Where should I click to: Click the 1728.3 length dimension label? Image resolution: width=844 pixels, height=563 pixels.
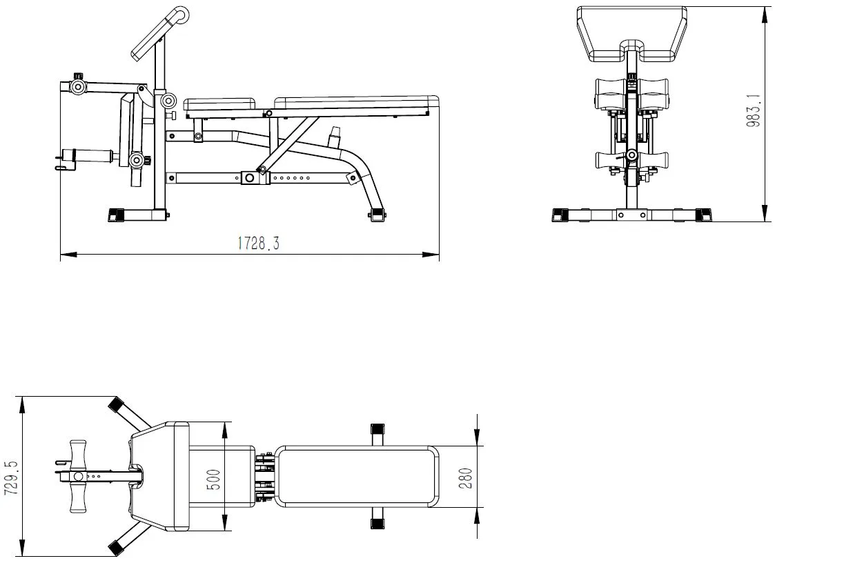pyautogui.click(x=259, y=244)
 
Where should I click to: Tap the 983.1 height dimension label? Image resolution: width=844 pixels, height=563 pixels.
pyautogui.click(x=754, y=110)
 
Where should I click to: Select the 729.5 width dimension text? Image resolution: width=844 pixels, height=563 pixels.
pyautogui.click(x=11, y=477)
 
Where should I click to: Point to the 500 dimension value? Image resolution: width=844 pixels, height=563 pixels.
pyautogui.click(x=214, y=480)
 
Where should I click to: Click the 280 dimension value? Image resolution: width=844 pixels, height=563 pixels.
pyautogui.click(x=466, y=478)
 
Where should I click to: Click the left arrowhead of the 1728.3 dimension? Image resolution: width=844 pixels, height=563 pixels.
pyautogui.click(x=68, y=255)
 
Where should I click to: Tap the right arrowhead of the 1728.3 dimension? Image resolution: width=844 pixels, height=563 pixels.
pyautogui.click(x=431, y=255)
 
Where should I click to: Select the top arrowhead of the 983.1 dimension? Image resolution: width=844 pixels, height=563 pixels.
pyautogui.click(x=765, y=14)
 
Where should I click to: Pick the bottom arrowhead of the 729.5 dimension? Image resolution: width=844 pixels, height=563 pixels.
pyautogui.click(x=22, y=548)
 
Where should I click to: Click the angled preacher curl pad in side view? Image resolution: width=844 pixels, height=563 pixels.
pyautogui.click(x=159, y=33)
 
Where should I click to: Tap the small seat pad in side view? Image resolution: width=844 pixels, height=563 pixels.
pyautogui.click(x=219, y=104)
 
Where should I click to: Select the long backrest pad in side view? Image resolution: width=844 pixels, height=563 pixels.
pyautogui.click(x=356, y=102)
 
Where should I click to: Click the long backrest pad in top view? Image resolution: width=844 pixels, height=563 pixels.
pyautogui.click(x=356, y=476)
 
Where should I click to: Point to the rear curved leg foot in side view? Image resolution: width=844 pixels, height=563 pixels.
pyautogui.click(x=377, y=216)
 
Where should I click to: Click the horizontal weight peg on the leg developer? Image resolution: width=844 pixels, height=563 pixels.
pyautogui.click(x=88, y=155)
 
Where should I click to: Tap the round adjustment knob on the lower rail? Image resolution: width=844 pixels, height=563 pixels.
pyautogui.click(x=249, y=178)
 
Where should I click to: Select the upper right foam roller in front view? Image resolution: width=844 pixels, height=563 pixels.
pyautogui.click(x=653, y=94)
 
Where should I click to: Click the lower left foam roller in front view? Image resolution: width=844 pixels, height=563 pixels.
pyautogui.click(x=610, y=161)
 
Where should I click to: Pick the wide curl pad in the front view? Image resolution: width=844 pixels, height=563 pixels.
pyautogui.click(x=632, y=34)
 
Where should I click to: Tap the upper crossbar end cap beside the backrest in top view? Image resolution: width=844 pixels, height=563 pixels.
pyautogui.click(x=377, y=430)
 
